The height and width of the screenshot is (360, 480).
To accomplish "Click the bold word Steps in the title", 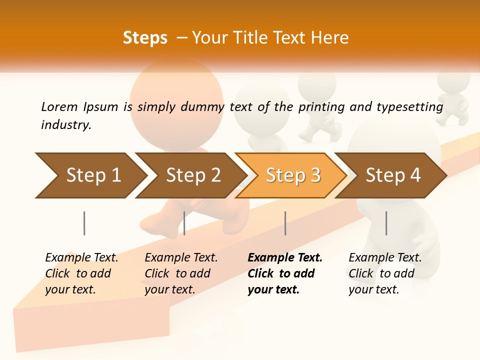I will point(145,38).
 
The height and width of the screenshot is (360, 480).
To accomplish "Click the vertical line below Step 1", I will point(84,223).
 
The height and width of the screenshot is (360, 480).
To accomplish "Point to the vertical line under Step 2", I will point(184,223).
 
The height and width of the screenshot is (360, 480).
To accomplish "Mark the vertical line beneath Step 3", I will point(285,223).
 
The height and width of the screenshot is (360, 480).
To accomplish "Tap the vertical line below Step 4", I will point(386,223).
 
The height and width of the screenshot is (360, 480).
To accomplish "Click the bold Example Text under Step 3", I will point(285,258).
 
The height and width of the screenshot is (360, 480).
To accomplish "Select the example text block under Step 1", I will point(81,273).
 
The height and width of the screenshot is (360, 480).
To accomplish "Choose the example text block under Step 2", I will point(181,273).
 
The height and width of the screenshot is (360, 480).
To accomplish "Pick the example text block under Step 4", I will point(385,273).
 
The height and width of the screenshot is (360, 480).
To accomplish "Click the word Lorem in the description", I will point(59,106).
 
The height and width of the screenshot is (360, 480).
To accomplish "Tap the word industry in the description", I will point(65,125).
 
